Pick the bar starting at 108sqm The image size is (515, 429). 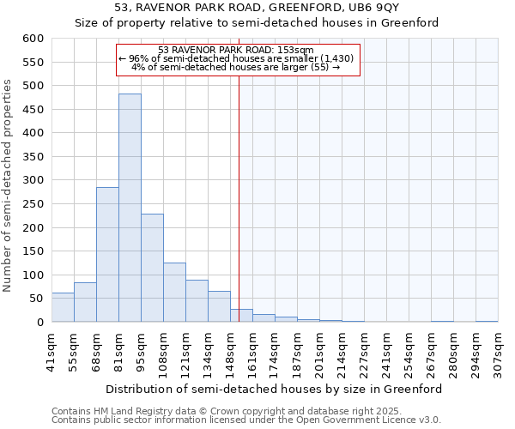click(x=174, y=293)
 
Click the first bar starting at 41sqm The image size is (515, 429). click(x=63, y=307)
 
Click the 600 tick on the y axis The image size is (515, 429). click(x=33, y=39)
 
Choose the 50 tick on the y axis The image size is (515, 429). click(x=36, y=299)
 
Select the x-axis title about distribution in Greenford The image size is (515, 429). click(x=275, y=389)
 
